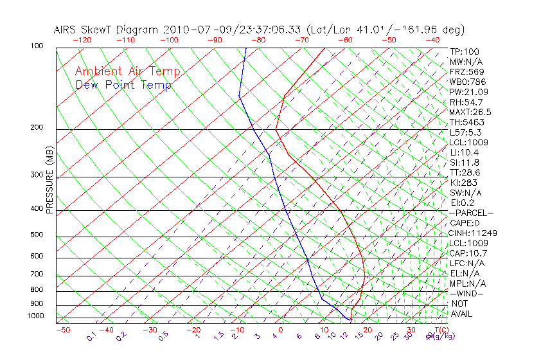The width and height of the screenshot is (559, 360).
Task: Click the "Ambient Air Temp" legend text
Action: pos(127,72)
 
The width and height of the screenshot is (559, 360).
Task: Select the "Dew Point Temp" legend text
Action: pos(123,85)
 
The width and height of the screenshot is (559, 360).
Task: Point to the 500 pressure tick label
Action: pos(37,235)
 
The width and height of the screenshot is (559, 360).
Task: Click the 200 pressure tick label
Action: pos(37,128)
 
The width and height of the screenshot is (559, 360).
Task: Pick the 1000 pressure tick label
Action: pos(35,316)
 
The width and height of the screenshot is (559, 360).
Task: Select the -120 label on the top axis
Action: pos(82,40)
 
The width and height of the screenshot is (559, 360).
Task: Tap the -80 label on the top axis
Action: pos(258,40)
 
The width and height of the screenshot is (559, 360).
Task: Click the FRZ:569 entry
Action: pos(467,71)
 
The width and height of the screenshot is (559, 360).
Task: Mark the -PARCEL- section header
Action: pos(472,213)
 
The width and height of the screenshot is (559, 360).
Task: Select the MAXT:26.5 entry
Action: pos(471,113)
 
